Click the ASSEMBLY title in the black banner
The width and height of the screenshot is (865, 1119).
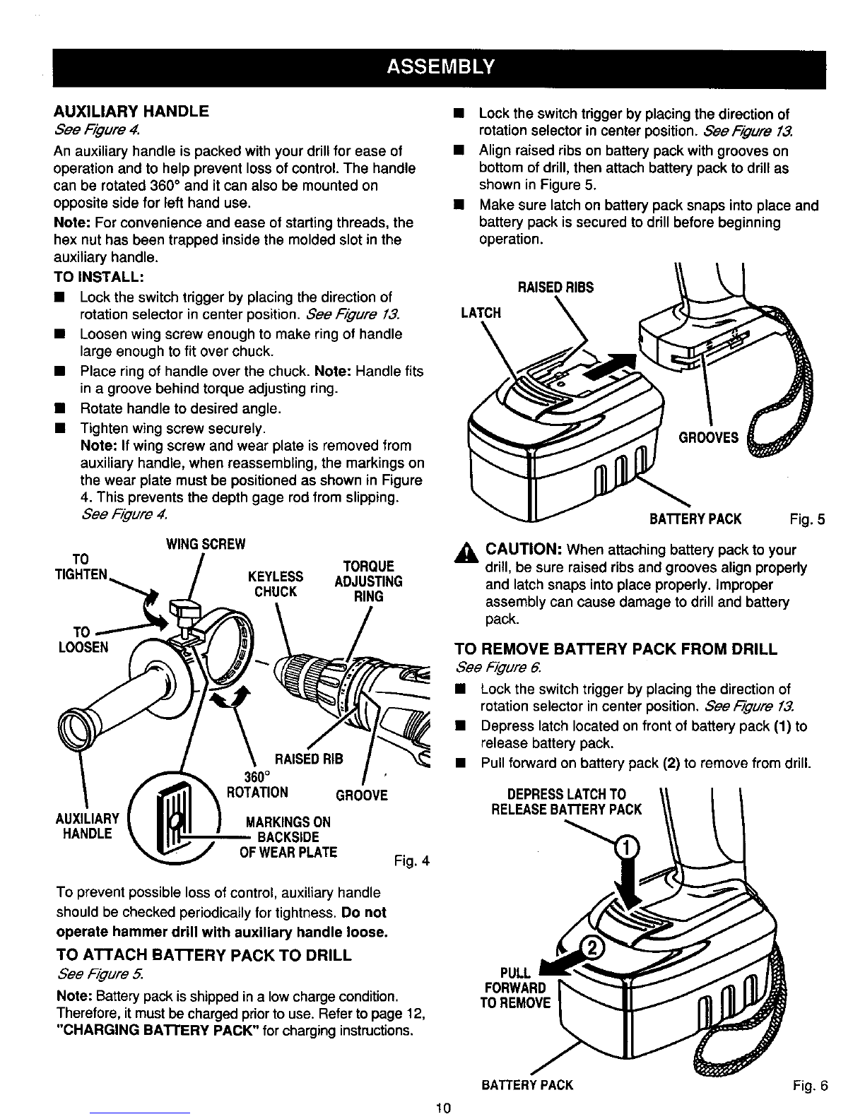tap(440, 67)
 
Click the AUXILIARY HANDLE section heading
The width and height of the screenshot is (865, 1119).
tap(131, 111)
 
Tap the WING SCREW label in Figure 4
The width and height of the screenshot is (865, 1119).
tap(206, 544)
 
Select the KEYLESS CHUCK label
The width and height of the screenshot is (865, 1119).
tap(276, 584)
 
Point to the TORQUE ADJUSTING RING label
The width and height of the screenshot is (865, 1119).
tap(368, 581)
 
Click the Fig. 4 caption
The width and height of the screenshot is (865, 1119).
tap(411, 861)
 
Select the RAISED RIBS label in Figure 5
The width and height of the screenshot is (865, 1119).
tap(555, 288)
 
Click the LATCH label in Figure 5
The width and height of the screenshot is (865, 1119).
tap(481, 313)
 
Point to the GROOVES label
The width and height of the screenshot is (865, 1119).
tap(708, 438)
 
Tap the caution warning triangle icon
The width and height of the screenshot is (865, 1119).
tap(466, 554)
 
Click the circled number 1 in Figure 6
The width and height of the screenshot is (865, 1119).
tap(627, 847)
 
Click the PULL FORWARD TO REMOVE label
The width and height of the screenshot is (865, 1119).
tap(515, 988)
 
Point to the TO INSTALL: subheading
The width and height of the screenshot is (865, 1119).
tap(98, 277)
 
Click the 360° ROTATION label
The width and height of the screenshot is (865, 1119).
tap(258, 784)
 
